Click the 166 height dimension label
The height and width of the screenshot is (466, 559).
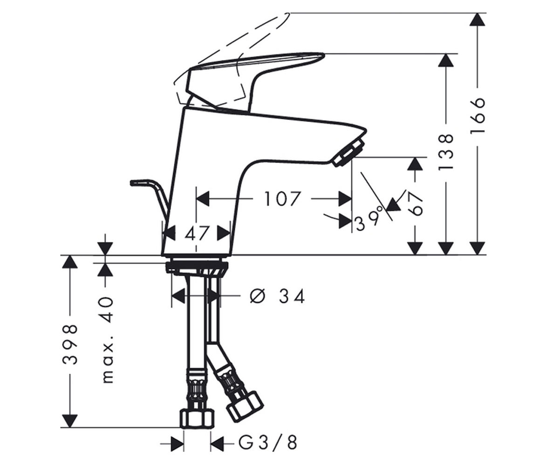point(478,116)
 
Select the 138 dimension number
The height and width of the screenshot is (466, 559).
point(446,152)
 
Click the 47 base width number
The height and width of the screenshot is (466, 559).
point(196,233)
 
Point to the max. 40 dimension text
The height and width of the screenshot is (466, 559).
point(108,340)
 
